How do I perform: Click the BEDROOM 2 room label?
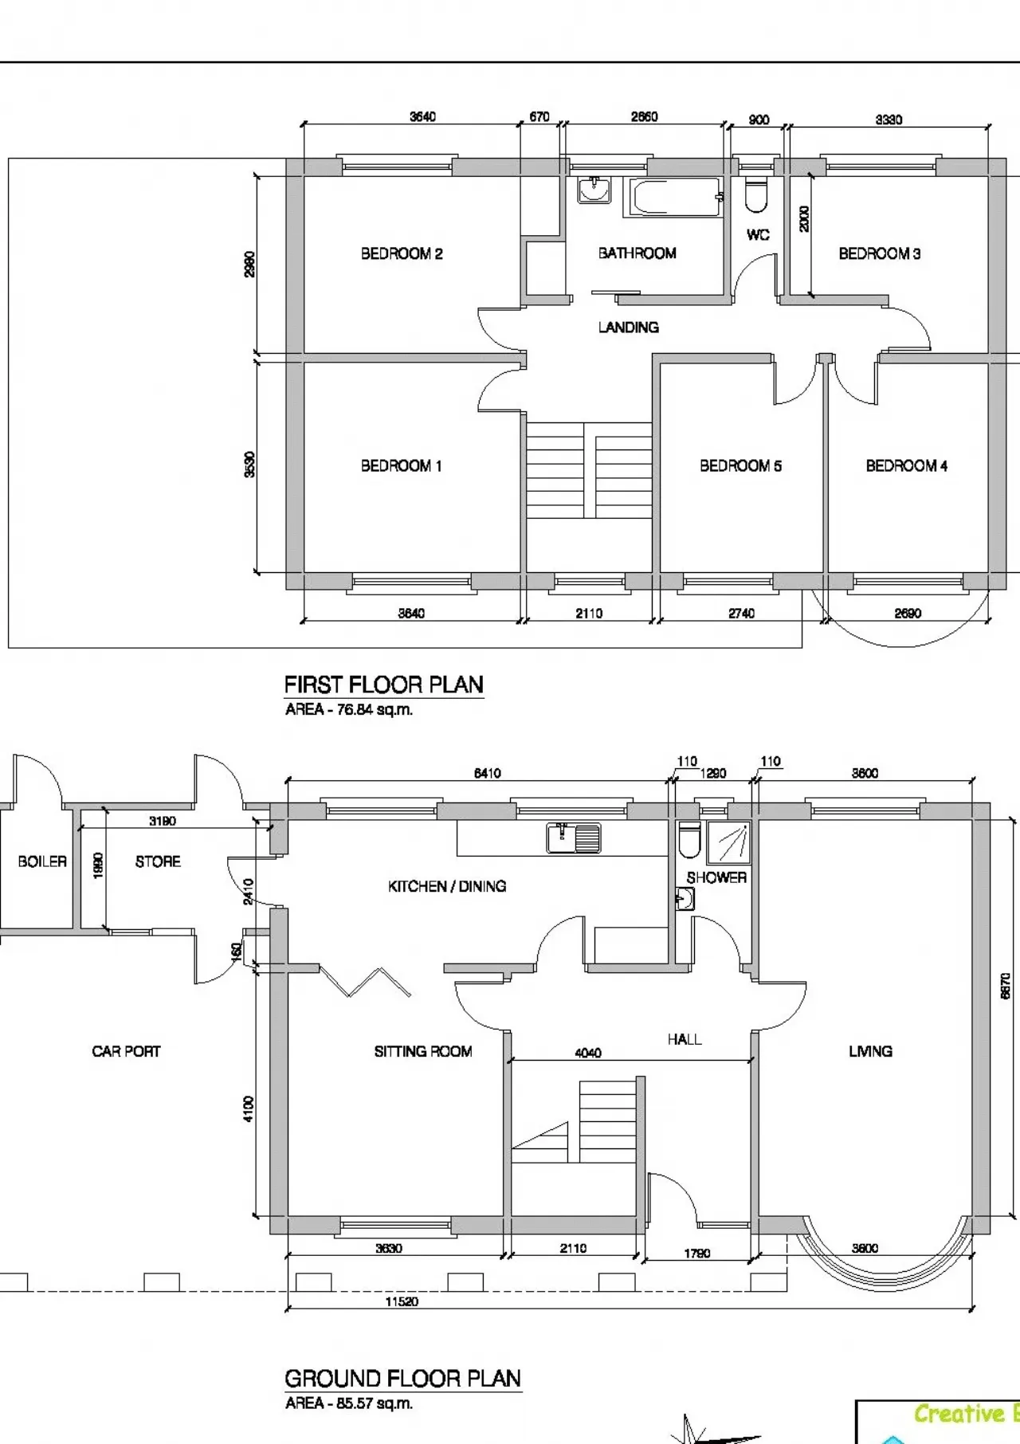pos(402,254)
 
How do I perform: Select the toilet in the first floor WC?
pos(755,196)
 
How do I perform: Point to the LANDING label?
pos(629,328)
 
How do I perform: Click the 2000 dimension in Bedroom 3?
pos(804,218)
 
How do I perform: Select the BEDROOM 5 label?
pos(740,466)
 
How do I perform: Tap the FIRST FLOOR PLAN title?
pos(383,685)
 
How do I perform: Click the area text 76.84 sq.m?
pos(349,710)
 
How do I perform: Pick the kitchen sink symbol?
pos(574,838)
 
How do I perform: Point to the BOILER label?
pos(42,861)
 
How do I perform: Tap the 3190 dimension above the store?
pos(163,821)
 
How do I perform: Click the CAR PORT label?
pos(126,1052)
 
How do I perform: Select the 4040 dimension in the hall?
pos(588,1054)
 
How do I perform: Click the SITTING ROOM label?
pos(423,1052)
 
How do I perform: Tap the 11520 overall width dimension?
pos(402,1302)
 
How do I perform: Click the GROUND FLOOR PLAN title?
pos(402,1379)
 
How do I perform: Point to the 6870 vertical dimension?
pos(1006,986)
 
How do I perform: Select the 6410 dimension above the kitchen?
pos(488,774)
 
